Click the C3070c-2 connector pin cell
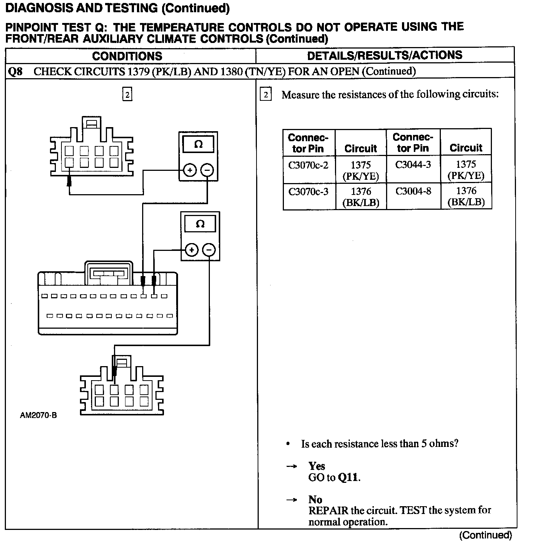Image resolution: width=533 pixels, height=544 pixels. (x=308, y=165)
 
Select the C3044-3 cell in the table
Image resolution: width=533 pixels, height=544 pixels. (x=413, y=165)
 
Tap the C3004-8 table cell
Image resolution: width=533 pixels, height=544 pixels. (x=413, y=191)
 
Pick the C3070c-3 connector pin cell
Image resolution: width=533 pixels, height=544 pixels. (x=308, y=192)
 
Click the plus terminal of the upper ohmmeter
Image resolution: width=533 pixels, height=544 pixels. (x=190, y=170)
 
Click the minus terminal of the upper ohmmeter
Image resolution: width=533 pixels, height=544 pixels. (x=207, y=170)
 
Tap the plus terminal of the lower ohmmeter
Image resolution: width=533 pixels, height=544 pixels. (x=192, y=250)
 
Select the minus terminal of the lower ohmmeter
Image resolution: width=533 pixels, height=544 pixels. (x=209, y=250)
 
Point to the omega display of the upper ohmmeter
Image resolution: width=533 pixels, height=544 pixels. (x=198, y=144)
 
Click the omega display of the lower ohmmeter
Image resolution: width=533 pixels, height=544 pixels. (x=200, y=224)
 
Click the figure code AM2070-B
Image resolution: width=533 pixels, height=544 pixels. (x=38, y=415)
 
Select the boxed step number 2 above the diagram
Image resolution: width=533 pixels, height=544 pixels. (x=127, y=95)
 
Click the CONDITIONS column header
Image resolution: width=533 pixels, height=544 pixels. (x=127, y=56)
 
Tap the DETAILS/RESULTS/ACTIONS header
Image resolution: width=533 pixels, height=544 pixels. (x=385, y=56)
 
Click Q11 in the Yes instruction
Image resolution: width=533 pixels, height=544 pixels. (x=348, y=477)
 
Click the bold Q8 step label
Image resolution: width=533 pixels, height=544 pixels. (x=15, y=71)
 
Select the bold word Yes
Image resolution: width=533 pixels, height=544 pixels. (x=316, y=466)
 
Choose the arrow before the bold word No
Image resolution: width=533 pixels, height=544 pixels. (x=292, y=500)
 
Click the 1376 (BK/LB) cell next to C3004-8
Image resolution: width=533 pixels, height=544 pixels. (x=466, y=196)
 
